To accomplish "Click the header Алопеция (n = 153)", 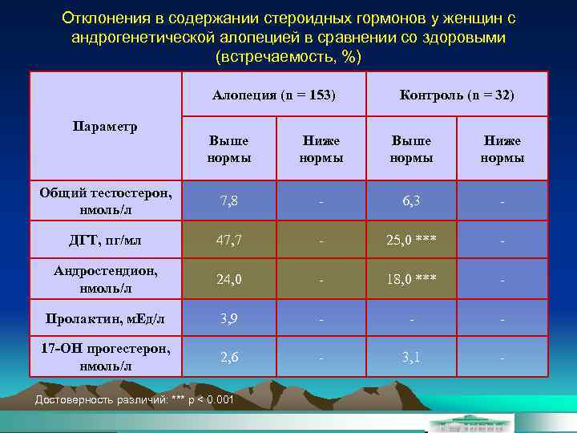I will coord(274,95).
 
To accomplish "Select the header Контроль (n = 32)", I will coord(457,95).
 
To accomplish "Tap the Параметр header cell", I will coord(104,126).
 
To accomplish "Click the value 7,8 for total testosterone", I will coord(228,200).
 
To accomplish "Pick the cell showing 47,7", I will coord(228,239).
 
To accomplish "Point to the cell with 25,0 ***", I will coord(412,239).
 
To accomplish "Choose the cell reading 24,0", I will coord(228,278).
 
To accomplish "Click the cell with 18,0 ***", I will coord(412,278).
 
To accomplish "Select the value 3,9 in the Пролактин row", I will coord(228,318).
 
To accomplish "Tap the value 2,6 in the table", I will coord(228,357).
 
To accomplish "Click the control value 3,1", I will coord(412,357).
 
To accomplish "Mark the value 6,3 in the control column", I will coord(412,200).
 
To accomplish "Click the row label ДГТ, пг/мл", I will coord(104,239).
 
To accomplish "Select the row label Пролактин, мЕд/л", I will coord(104,318).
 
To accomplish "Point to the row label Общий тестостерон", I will coord(104,200).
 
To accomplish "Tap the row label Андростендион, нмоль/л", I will coord(104,278).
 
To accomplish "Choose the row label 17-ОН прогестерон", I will coord(104,357).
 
